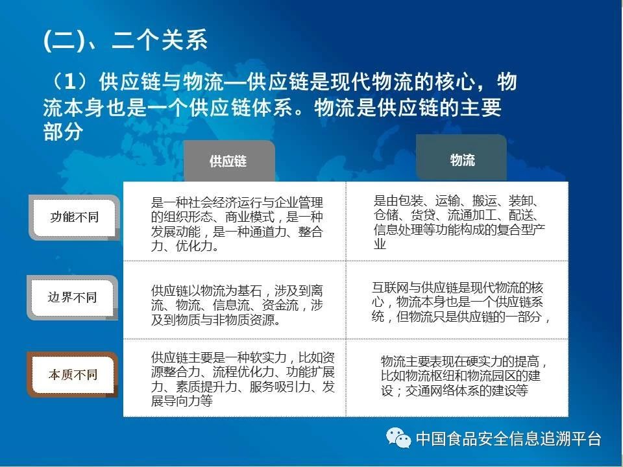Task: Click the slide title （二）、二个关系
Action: (125, 40)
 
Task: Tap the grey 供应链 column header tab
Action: (229, 161)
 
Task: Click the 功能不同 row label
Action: (74, 217)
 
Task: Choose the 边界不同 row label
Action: (72, 298)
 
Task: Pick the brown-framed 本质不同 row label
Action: (72, 374)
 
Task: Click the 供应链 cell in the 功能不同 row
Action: (234, 221)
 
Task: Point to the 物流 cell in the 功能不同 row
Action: (458, 221)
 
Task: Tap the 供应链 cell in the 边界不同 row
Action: (234, 300)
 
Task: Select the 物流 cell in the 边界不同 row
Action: (458, 300)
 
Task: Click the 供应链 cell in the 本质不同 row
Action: (234, 378)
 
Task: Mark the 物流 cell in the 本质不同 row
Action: (458, 378)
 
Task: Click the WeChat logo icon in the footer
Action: (398, 438)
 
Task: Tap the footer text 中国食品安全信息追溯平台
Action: (509, 439)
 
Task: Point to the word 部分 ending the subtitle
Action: (63, 132)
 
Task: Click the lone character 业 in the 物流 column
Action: (380, 243)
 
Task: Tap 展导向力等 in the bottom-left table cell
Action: (182, 401)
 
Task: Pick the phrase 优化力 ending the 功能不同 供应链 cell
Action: (194, 246)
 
